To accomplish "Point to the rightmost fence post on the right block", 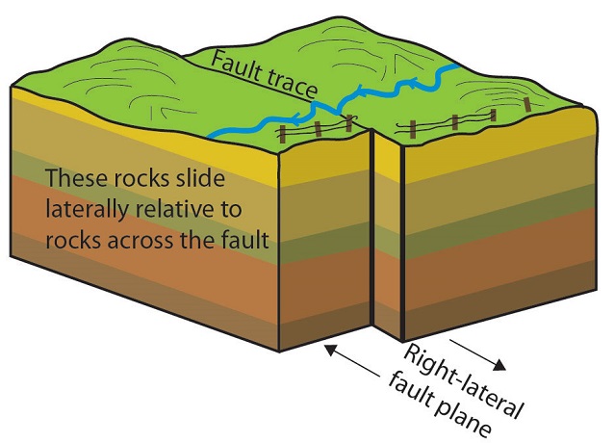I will [x=527, y=104].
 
